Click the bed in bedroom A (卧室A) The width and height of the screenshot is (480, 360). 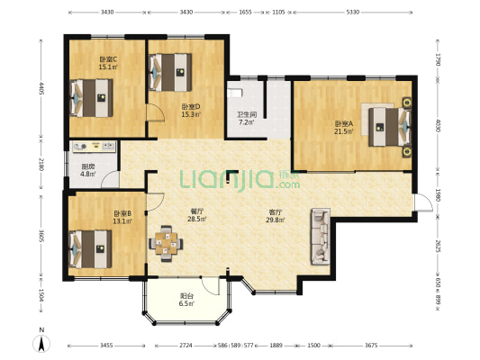pos(390,127)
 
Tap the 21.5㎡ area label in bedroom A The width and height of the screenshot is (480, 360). pos(344,131)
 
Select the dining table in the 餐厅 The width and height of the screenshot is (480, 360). pos(166,244)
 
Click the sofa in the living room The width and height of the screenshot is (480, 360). pos(321,237)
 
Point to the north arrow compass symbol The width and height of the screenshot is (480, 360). pos(41,344)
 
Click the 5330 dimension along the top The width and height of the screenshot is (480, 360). pos(352,13)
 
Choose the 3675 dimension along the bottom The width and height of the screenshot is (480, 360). pos(371,346)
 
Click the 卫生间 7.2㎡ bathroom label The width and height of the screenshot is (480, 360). pos(247,119)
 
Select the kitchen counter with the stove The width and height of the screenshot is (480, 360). pos(95,147)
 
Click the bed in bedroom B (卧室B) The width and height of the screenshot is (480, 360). pos(90,249)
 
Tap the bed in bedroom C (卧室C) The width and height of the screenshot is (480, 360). pos(91,98)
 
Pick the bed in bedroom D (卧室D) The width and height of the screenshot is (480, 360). pos(170,73)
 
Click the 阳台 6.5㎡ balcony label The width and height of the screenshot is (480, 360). pos(186,300)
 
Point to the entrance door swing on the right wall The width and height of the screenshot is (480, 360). pos(422,202)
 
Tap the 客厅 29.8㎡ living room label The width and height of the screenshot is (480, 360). pos(276,216)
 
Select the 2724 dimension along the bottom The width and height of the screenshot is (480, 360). pos(186,346)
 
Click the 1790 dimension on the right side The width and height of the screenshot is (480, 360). pos(438,59)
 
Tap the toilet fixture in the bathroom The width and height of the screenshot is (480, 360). pos(235,93)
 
